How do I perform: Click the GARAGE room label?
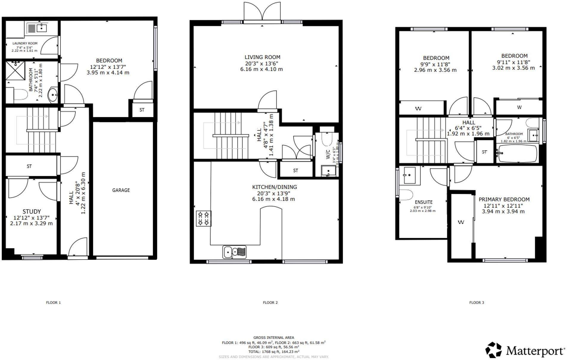[x=121, y=190]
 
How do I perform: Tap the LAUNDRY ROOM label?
[x=25, y=43]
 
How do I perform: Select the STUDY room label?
[x=32, y=212]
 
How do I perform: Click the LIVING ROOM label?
[x=262, y=57]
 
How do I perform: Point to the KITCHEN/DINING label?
[x=274, y=187]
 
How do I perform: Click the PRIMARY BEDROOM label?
[x=504, y=199]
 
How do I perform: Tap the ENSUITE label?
[x=423, y=202]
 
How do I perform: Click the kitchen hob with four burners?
[x=204, y=218]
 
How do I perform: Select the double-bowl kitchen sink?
[x=234, y=252]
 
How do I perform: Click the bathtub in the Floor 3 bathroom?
[x=518, y=154]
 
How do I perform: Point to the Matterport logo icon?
[x=493, y=350]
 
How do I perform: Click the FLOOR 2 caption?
[x=270, y=302]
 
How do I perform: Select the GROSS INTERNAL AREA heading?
[x=273, y=338]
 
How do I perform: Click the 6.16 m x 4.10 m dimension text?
[x=261, y=69]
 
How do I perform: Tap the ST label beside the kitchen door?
[x=295, y=170]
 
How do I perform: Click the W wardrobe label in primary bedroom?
[x=461, y=222]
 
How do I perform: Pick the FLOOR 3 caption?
[x=476, y=302]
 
